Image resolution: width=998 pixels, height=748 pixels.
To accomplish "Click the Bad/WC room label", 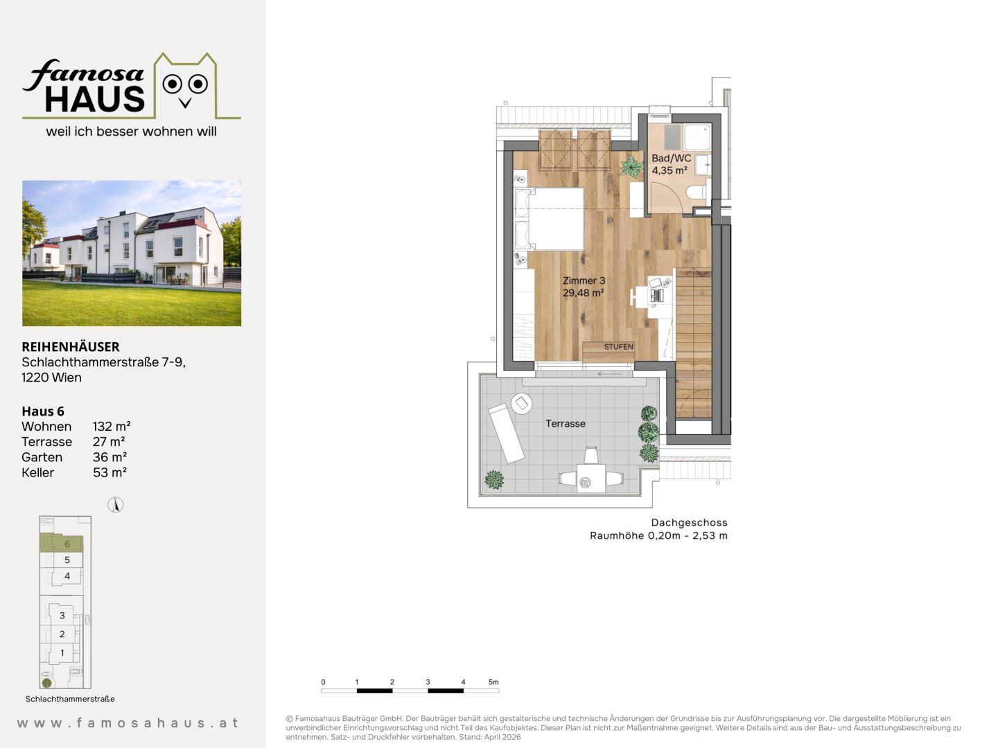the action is pyautogui.click(x=671, y=159).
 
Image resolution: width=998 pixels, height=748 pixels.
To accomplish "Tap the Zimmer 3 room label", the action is pyautogui.click(x=584, y=280).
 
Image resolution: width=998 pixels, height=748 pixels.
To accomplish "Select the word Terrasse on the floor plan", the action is pyautogui.click(x=565, y=424).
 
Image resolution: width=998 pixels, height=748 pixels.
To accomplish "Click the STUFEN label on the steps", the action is pyautogui.click(x=618, y=347).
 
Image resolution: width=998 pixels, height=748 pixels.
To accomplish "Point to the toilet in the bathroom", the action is pyautogui.click(x=696, y=192).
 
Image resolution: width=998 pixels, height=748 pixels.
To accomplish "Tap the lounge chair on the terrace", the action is pyautogui.click(x=507, y=433).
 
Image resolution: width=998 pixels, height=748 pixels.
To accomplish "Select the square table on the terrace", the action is pyautogui.click(x=591, y=478).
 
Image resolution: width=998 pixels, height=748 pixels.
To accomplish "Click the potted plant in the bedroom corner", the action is pyautogui.click(x=631, y=167).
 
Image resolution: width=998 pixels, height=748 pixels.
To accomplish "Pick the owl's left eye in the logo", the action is pyautogui.click(x=173, y=84).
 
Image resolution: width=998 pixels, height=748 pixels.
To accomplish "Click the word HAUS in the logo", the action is pyautogui.click(x=94, y=100).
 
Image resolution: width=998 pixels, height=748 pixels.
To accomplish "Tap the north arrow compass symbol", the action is pyautogui.click(x=116, y=505).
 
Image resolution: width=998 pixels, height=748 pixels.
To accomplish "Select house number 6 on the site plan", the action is pyautogui.click(x=67, y=544).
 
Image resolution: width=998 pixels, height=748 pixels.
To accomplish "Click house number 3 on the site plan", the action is pyautogui.click(x=62, y=616).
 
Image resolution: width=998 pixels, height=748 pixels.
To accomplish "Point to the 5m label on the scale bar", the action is pyautogui.click(x=493, y=682).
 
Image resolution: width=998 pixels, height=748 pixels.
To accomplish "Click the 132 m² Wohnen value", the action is pyautogui.click(x=112, y=427).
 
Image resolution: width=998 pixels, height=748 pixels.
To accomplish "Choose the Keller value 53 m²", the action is pyautogui.click(x=110, y=472).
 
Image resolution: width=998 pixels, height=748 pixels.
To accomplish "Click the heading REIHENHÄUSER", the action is pyautogui.click(x=71, y=347).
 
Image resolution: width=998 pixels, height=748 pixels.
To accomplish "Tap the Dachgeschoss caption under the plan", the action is pyautogui.click(x=690, y=523).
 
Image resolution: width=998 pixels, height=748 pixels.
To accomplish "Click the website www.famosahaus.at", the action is pyautogui.click(x=128, y=723).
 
